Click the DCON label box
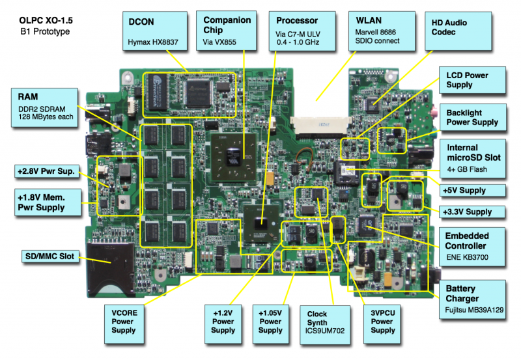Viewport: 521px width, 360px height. coord(155,31)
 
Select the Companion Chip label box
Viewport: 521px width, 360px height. coord(226,31)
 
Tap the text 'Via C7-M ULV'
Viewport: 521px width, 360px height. coord(298,35)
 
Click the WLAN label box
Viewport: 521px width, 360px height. coord(382,31)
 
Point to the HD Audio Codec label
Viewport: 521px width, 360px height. coord(458,31)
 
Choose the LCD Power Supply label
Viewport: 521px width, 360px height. coord(472,80)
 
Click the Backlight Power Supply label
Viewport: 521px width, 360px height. coord(473,117)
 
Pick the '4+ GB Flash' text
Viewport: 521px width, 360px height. coord(467,169)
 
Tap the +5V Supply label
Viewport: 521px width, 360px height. coord(473,191)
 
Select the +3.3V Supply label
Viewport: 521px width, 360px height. coord(472,212)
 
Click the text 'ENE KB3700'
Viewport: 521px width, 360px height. coord(467,257)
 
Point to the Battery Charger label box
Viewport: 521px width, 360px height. coord(473,299)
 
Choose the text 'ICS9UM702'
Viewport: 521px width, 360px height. coord(325,331)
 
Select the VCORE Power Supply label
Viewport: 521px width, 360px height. coord(124,324)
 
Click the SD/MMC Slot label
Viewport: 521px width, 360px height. coord(50,256)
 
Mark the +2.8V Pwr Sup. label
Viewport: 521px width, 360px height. coord(47,171)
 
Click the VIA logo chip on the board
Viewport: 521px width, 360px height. coord(234,157)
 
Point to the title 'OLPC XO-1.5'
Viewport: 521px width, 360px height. coord(46,21)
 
